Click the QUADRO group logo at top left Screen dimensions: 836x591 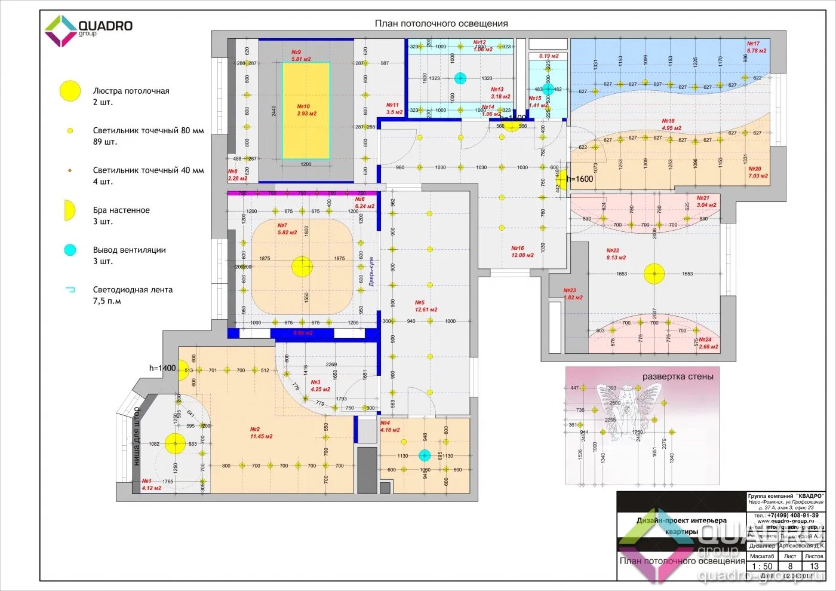(x=88, y=30)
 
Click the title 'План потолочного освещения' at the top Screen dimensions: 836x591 (x=441, y=24)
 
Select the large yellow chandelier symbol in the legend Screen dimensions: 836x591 (x=70, y=91)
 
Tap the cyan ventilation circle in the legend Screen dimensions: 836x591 (x=70, y=250)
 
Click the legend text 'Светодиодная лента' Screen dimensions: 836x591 (x=133, y=290)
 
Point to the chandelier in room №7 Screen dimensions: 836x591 (x=302, y=267)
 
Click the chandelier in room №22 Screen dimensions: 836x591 (x=654, y=274)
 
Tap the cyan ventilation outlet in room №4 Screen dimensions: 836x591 (x=425, y=455)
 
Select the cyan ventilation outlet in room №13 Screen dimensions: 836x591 (x=460, y=78)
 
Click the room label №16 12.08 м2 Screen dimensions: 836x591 (x=522, y=252)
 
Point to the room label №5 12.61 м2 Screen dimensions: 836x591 (x=426, y=306)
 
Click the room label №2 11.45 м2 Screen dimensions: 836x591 (x=261, y=433)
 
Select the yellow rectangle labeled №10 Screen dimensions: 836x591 (x=306, y=111)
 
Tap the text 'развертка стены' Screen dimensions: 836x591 (x=677, y=376)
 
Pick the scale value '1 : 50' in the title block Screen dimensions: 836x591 (x=761, y=566)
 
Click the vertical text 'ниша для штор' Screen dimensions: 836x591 (x=137, y=436)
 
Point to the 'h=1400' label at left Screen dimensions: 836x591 (x=162, y=368)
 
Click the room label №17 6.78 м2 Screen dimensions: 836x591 (x=756, y=47)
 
